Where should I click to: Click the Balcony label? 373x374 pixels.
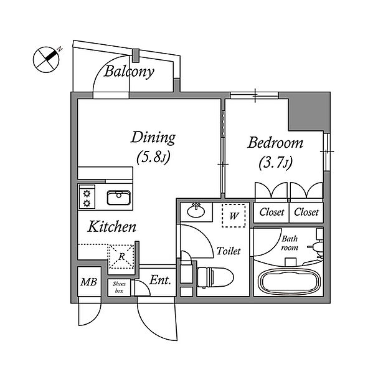pos(129,71)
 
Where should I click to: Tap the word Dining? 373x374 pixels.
pos(153,138)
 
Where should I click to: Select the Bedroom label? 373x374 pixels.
pos(275,143)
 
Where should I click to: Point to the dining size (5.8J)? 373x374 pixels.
pos(153,158)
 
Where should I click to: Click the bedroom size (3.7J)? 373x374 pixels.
pos(275,163)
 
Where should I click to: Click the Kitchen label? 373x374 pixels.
pos(112,227)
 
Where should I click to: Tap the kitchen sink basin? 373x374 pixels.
pos(119,198)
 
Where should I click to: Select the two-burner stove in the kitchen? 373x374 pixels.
pos(87,197)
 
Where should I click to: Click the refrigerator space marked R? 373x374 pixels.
pos(121,257)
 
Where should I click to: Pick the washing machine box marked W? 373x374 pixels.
pos(234,216)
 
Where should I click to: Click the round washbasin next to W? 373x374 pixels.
pos(196,211)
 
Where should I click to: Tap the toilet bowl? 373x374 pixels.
pos(215,277)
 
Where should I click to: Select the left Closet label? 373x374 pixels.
pos(271,212)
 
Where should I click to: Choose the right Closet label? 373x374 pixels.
pos(306,212)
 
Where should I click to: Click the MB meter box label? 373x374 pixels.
pos(88,282)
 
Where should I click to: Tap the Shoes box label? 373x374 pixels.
pos(119,287)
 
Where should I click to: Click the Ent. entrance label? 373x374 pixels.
pos(160,280)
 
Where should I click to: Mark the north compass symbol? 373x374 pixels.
pos(46,59)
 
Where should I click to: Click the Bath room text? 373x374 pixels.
pos(290,244)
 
